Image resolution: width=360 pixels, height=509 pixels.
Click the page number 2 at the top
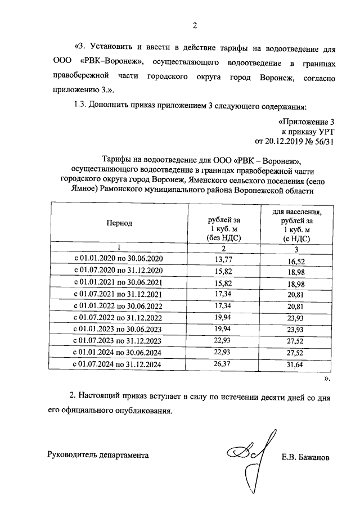point(194,25)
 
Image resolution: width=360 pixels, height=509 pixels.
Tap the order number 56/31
point(324,141)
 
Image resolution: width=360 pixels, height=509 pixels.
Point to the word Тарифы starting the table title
point(115,159)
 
